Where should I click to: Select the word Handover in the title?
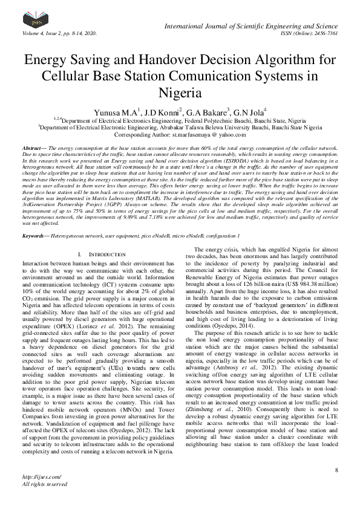tap(182, 61)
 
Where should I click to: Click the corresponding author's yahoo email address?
tap(205, 135)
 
